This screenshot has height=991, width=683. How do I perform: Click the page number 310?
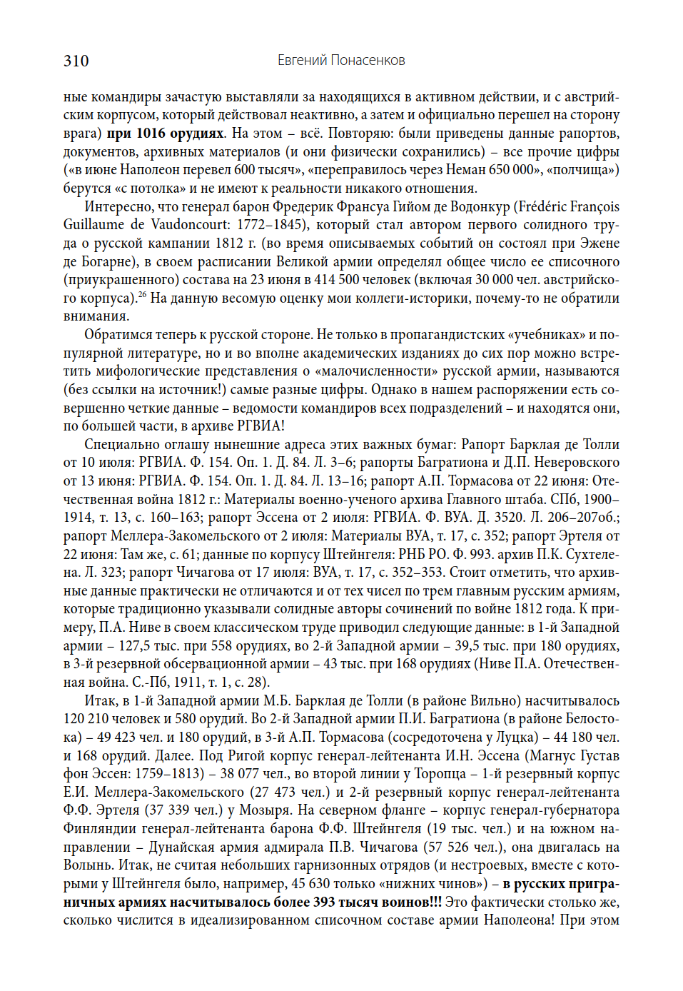(x=76, y=61)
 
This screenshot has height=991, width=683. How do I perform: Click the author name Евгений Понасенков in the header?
(x=341, y=61)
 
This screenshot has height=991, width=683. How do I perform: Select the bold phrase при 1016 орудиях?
(x=166, y=134)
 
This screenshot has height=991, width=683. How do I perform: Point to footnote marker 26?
(x=142, y=294)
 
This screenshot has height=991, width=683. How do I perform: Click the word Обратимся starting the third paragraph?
(x=118, y=335)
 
